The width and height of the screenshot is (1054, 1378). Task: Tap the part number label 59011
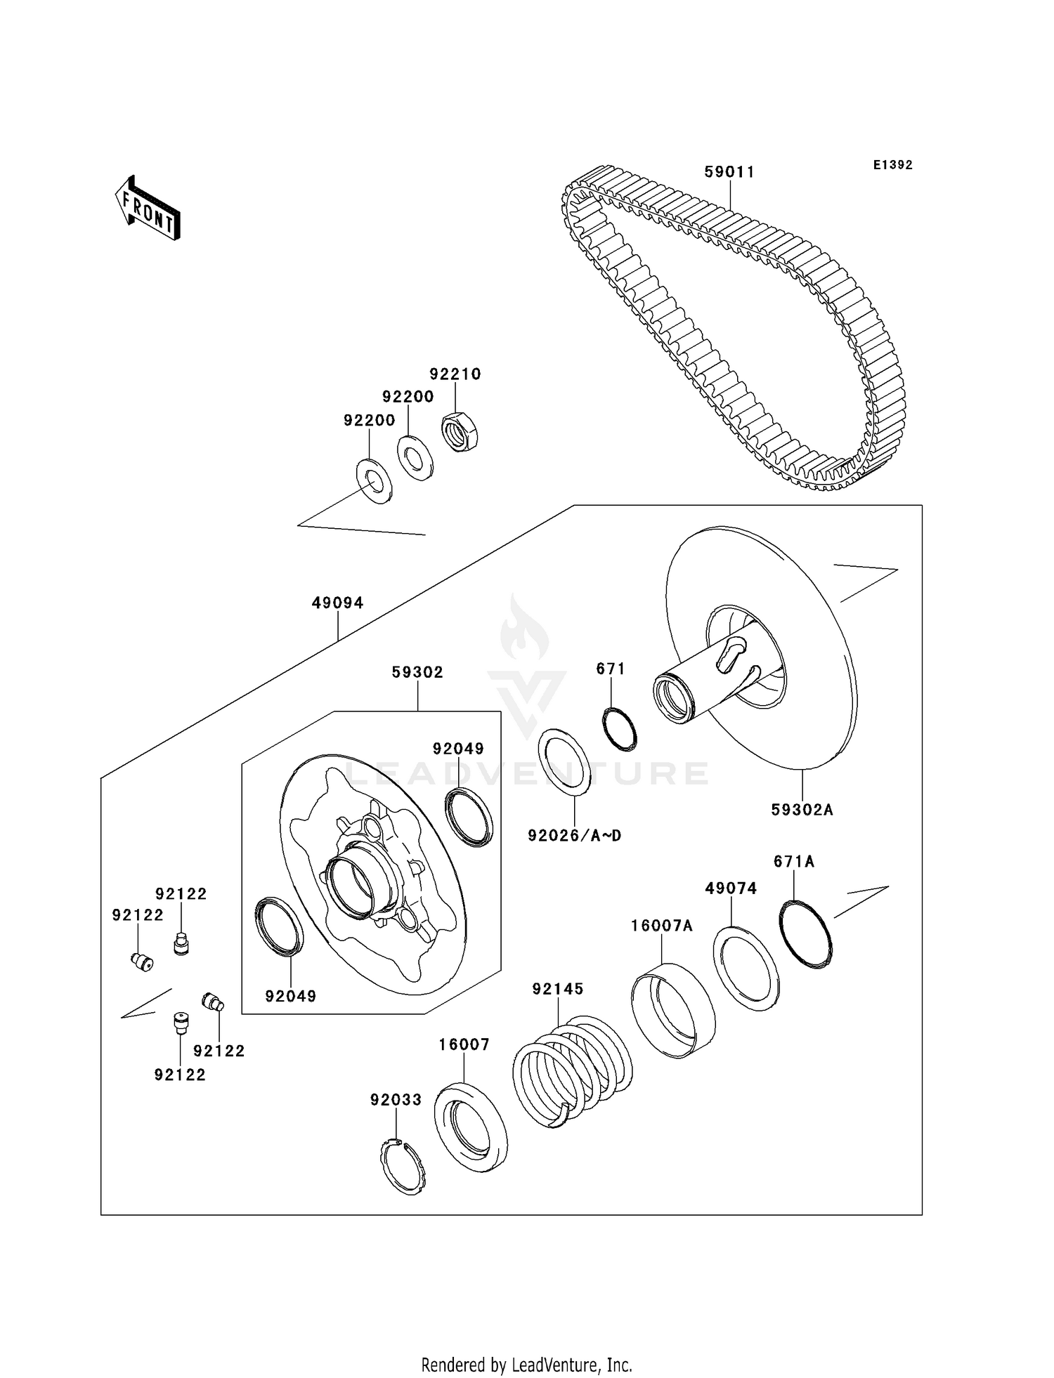coord(729,172)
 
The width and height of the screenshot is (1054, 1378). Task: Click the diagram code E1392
coord(892,165)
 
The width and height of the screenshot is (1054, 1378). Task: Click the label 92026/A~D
coord(574,835)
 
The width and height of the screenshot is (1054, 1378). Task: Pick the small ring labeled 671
coord(620,728)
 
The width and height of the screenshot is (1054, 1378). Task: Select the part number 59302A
coord(802,809)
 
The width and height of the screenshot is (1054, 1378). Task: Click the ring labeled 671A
coord(806,934)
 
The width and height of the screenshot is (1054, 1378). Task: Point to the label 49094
coord(337,603)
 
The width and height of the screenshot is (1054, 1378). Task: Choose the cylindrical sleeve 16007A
coord(673,1010)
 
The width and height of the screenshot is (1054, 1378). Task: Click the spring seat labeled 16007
coord(471,1127)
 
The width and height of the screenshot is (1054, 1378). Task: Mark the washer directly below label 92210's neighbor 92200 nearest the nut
coord(415,458)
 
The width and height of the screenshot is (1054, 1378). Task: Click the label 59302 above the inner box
coord(417,672)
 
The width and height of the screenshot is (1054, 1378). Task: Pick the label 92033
coord(396,1099)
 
